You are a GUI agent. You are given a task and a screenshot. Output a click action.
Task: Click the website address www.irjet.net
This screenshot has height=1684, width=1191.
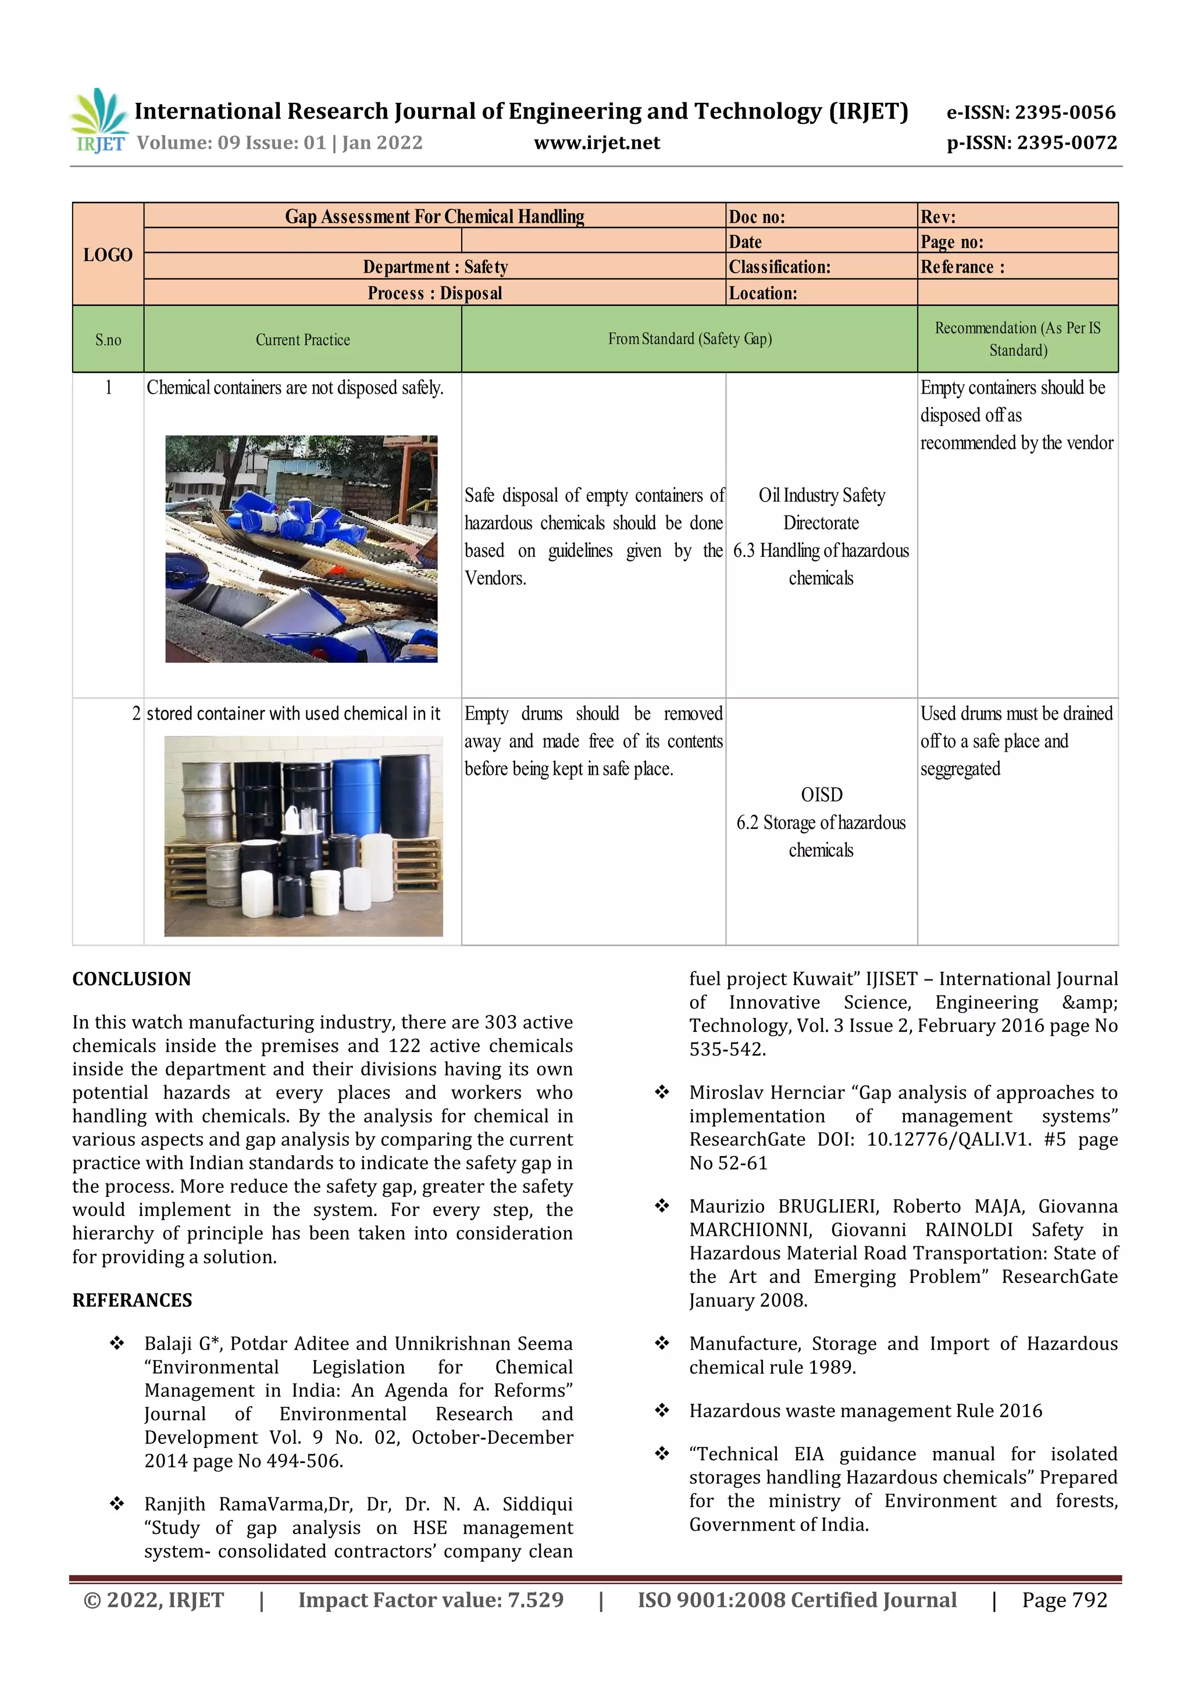[597, 143]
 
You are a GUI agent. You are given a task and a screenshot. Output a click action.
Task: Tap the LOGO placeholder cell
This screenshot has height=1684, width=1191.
[108, 255]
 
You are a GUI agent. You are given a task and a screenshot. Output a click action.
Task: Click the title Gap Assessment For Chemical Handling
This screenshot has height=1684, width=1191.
[434, 216]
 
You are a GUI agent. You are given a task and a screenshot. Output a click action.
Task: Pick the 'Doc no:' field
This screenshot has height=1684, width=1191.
[757, 217]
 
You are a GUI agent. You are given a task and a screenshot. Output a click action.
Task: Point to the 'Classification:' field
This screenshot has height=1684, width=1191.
[779, 267]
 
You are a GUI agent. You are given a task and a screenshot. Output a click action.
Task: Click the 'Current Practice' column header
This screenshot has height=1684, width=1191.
[302, 339]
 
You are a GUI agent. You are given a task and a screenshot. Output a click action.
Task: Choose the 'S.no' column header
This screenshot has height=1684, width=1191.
[108, 339]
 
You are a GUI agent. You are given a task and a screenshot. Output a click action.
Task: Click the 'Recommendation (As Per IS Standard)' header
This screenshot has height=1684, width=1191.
[1017, 339]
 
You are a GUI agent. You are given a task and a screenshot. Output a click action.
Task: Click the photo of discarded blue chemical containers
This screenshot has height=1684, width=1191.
[301, 549]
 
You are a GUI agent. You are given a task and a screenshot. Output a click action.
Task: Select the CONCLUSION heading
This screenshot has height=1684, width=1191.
[131, 979]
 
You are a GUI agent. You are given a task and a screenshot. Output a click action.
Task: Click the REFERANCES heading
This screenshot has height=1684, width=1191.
[132, 1300]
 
